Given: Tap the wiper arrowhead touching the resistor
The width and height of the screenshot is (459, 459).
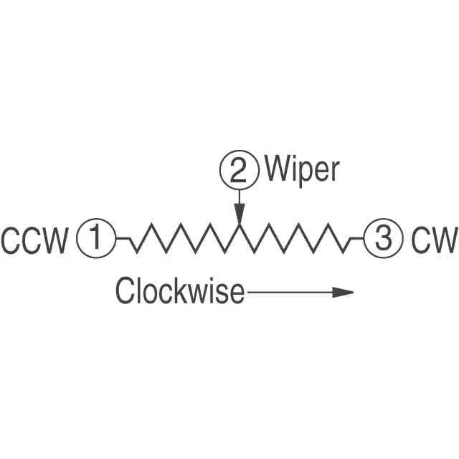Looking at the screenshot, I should (240, 214).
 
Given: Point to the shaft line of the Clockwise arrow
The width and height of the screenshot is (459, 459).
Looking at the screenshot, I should (287, 292).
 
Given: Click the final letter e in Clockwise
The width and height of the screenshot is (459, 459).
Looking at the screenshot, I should (237, 293).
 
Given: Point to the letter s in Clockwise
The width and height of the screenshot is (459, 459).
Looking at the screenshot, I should (223, 293).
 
